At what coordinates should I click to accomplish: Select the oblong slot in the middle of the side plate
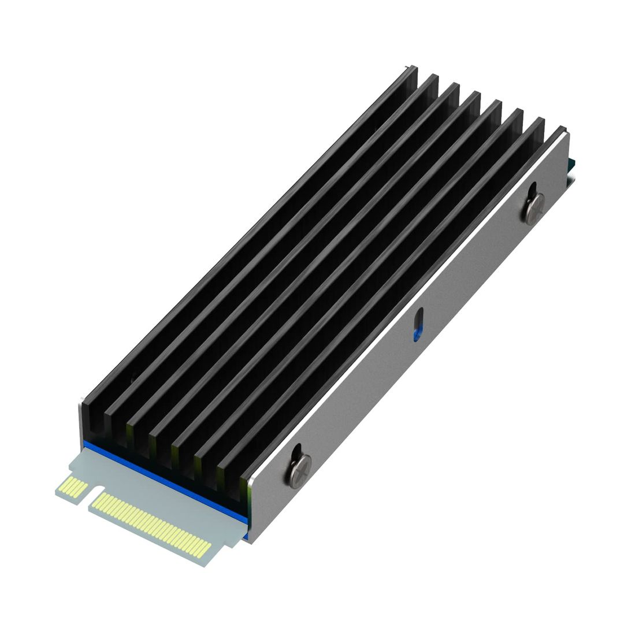(418, 324)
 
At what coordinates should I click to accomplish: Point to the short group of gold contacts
(73, 487)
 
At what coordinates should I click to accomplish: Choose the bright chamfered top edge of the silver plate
(404, 300)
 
